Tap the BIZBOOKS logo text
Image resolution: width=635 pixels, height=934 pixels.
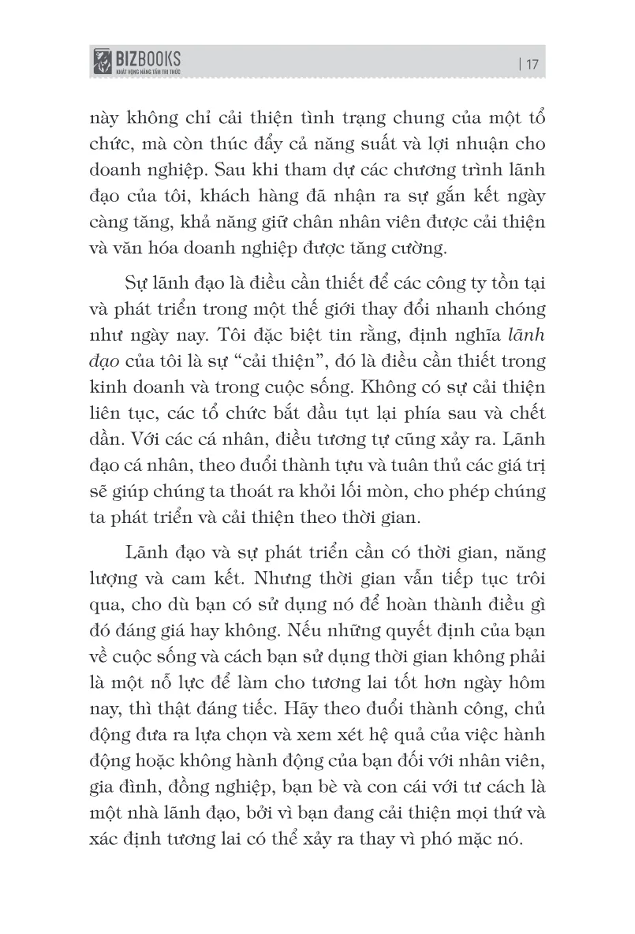[150, 58]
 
